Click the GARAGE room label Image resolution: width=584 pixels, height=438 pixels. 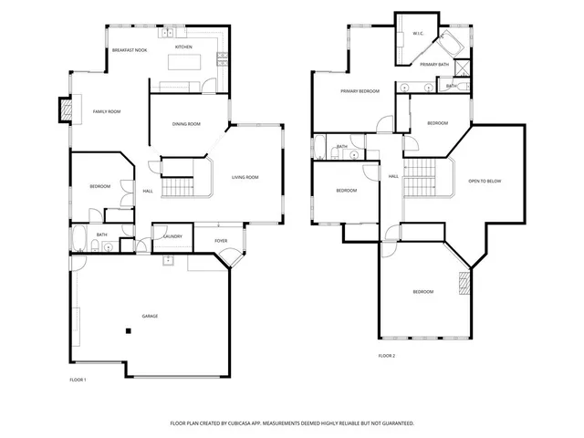point(150,316)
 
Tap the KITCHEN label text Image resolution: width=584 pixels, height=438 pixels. point(183,47)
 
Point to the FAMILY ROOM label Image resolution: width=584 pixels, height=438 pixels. point(107,111)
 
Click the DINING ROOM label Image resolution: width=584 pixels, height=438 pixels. point(186,124)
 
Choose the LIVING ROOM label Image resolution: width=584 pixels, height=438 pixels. point(245,177)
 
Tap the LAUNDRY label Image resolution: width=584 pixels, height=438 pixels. point(172,236)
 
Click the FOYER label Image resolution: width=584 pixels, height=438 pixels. point(221,241)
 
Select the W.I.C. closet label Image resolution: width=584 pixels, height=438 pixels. point(418,34)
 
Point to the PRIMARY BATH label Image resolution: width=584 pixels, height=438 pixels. point(434,65)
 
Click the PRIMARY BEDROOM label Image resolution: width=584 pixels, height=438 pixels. point(360,91)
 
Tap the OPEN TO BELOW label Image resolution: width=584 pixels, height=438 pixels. point(485,181)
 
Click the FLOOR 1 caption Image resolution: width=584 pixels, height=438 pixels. point(78,379)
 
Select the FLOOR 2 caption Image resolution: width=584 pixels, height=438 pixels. point(387,355)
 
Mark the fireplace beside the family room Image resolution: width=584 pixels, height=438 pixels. point(65,109)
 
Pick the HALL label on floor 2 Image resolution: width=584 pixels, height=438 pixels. point(393,176)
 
